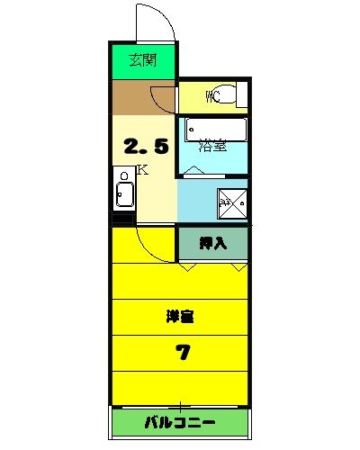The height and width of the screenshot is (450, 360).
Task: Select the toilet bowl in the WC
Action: point(229,96)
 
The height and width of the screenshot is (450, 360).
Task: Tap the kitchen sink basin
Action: point(123,193)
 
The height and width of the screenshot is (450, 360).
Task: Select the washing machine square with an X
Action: point(232,202)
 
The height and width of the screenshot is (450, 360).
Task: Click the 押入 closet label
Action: point(212,242)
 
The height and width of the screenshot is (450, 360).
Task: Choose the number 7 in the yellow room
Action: point(182,352)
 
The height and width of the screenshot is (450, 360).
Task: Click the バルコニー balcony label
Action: point(179,423)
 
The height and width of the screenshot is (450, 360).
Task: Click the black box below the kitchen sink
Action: point(122,219)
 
